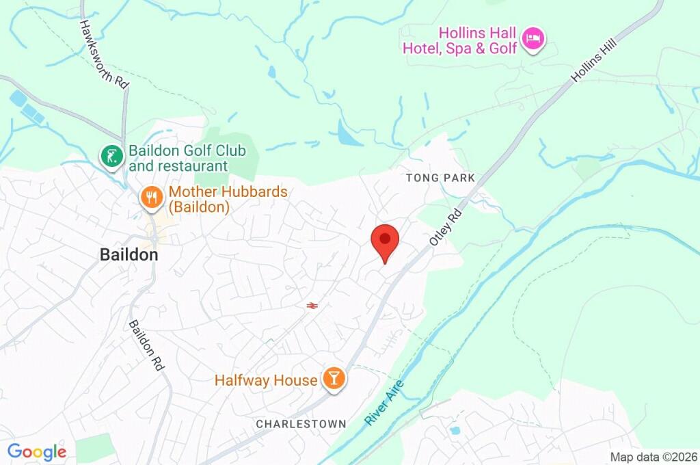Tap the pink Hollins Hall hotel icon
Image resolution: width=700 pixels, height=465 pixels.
tap(533, 40)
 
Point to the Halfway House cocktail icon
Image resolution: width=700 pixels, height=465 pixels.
tap(334, 379)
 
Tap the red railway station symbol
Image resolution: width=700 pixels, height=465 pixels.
tap(312, 306)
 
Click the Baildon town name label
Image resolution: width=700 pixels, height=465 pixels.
tap(129, 255)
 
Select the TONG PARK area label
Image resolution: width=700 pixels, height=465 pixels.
tap(440, 178)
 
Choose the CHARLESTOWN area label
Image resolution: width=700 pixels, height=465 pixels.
tap(301, 424)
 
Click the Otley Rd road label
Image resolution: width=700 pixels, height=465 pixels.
tap(446, 228)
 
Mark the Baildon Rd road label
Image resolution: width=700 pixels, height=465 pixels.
tap(148, 345)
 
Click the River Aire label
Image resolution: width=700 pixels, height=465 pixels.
tap(384, 403)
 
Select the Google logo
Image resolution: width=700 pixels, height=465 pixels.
tap(36, 452)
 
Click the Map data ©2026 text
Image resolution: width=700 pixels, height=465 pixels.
tap(654, 457)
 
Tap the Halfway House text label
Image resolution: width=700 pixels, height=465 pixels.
tap(266, 380)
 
